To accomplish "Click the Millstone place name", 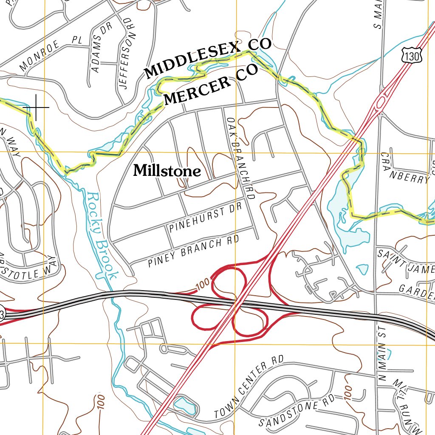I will [x=167, y=171].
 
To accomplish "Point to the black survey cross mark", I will [x=36, y=107].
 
